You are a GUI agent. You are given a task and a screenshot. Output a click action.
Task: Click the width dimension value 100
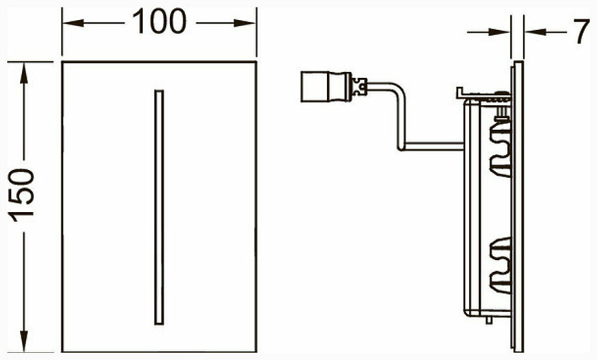click(x=159, y=23)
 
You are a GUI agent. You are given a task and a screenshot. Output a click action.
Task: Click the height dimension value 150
click(x=23, y=195)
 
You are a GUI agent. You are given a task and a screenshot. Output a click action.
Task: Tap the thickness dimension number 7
click(x=581, y=33)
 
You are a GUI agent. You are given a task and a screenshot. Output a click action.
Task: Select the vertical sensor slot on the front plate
click(x=159, y=207)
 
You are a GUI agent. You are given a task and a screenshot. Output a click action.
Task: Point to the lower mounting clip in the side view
click(x=499, y=266)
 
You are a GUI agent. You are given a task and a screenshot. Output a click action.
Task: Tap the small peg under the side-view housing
click(x=488, y=320)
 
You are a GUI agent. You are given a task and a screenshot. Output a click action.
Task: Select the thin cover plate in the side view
click(x=517, y=208)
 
